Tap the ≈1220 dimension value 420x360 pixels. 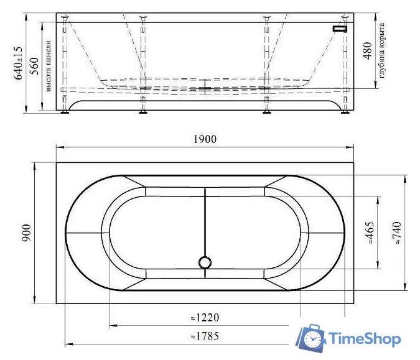point(205,318)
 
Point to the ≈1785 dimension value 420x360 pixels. point(205,336)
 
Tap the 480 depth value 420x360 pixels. point(367,52)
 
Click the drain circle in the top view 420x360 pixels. point(205,262)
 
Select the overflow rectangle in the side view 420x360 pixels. point(340,29)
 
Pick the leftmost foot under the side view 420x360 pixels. point(65,113)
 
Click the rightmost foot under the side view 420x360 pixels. point(344,113)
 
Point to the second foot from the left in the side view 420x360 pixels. point(144,113)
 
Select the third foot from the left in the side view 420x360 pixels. point(267,113)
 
